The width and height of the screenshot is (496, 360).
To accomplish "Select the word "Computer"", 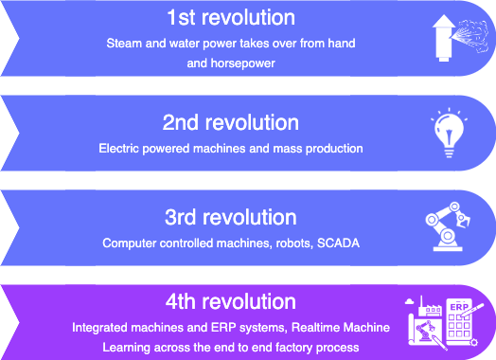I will coord(130,243).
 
